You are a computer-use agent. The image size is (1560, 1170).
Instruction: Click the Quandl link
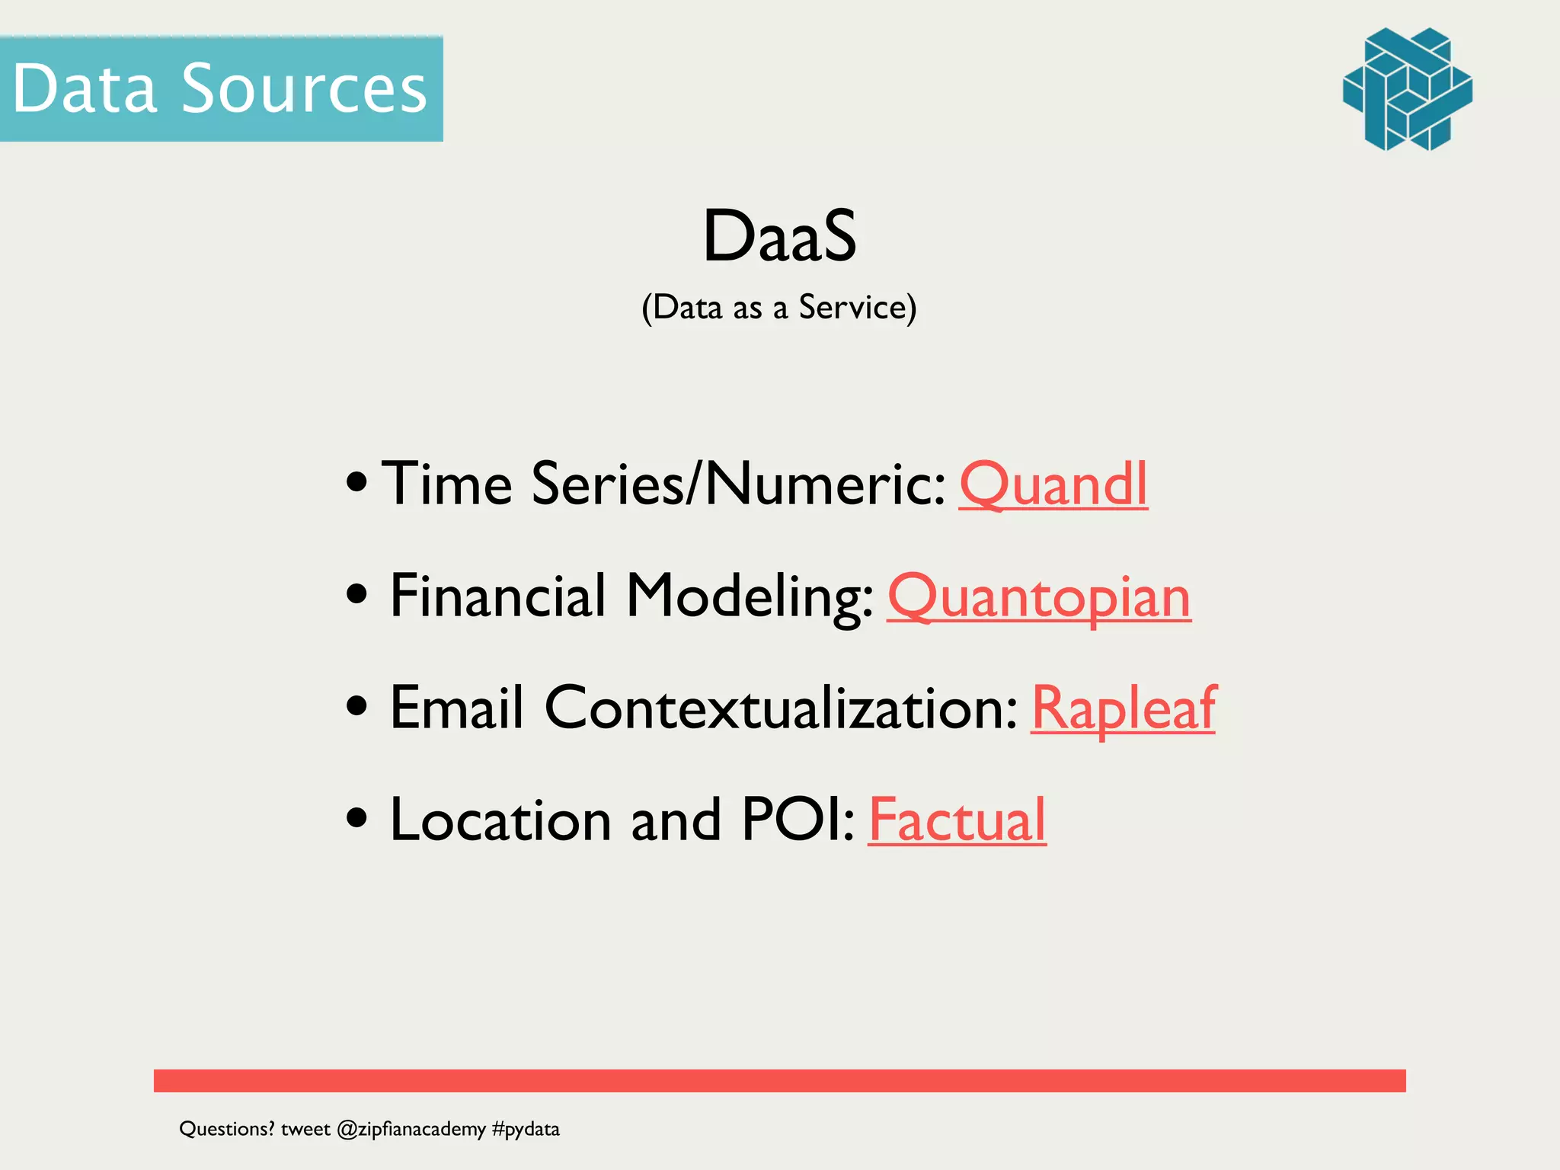(x=1053, y=484)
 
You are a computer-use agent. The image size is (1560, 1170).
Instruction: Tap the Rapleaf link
(x=1123, y=708)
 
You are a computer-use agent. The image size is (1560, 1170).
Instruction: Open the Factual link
(x=957, y=820)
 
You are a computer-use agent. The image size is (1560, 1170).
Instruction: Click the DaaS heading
(x=779, y=236)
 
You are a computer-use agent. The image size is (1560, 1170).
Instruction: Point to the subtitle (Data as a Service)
(x=779, y=308)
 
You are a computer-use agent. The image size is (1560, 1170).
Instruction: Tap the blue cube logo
(x=1407, y=89)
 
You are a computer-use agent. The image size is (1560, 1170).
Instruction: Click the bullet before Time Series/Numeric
(x=356, y=482)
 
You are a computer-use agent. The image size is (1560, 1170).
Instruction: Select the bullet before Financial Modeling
(x=356, y=593)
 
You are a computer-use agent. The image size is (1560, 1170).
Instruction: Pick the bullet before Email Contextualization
(x=356, y=705)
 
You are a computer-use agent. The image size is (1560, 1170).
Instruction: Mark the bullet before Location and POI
(x=356, y=818)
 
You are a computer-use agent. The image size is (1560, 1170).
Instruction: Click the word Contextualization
(x=781, y=708)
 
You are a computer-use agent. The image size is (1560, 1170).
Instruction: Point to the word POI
(x=797, y=820)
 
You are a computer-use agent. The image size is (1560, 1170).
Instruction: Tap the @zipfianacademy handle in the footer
(x=411, y=1129)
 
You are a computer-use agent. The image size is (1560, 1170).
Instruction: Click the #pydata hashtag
(x=526, y=1129)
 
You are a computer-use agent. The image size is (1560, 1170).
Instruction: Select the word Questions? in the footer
(x=226, y=1129)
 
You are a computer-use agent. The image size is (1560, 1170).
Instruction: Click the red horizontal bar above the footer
(x=779, y=1080)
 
